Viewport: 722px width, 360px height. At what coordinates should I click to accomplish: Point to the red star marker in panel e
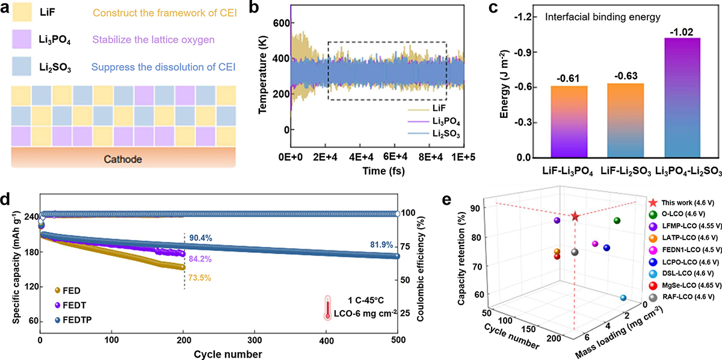pyautogui.click(x=575, y=216)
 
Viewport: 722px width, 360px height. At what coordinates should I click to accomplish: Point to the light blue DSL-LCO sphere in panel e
pyautogui.click(x=623, y=298)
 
